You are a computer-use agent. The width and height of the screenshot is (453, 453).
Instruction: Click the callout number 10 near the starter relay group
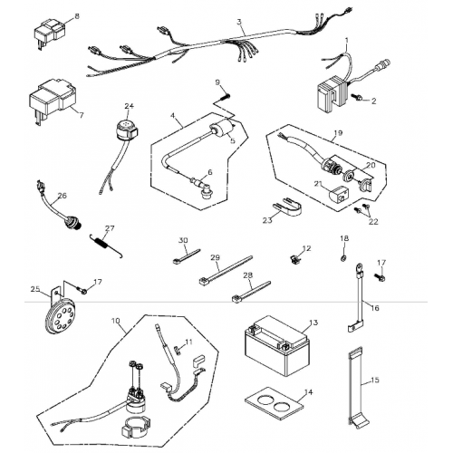(x=116, y=321)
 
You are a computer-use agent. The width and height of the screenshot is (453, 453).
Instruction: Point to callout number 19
(x=337, y=133)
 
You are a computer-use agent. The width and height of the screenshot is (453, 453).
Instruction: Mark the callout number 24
(x=129, y=106)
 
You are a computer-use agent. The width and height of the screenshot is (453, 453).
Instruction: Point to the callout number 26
(x=63, y=195)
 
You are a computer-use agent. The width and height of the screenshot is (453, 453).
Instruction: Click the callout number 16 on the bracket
(x=374, y=308)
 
